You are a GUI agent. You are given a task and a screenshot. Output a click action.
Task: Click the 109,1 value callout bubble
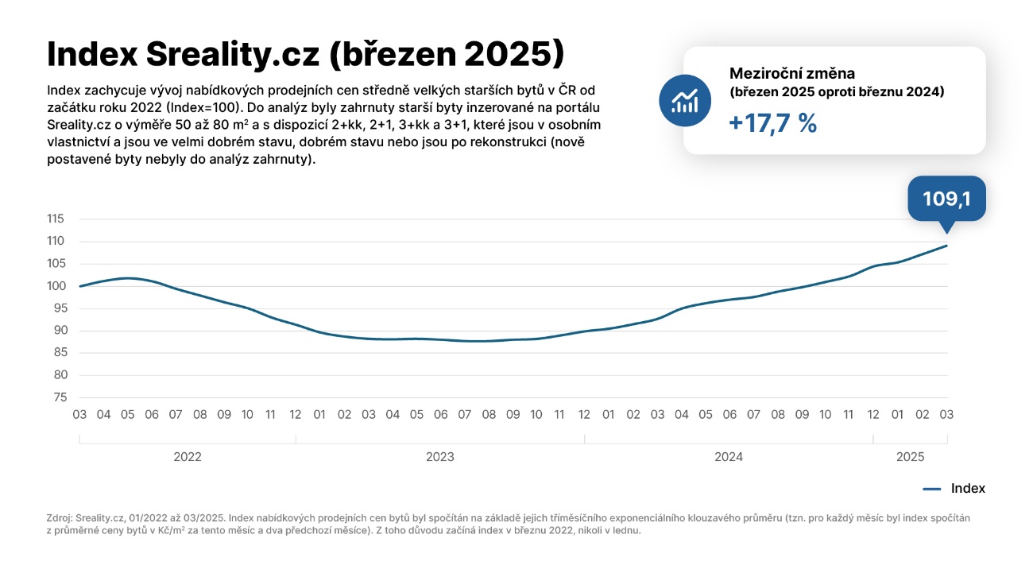(946, 199)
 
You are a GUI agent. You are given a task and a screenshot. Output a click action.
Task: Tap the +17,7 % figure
(773, 123)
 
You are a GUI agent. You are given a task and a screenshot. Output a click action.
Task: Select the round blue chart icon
(684, 101)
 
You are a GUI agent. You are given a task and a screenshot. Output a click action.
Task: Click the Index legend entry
(967, 488)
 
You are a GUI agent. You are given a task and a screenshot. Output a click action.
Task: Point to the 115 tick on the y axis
(56, 219)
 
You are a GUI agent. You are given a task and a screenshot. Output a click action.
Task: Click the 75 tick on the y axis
(60, 397)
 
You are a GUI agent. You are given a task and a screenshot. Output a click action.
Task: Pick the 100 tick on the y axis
(56, 286)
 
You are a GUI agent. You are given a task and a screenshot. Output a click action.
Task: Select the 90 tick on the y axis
(60, 331)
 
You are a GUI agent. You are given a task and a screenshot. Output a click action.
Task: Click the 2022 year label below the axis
(188, 457)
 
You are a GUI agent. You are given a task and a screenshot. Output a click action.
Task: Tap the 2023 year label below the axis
(440, 457)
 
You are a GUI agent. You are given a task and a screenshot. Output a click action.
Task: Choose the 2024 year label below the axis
(729, 457)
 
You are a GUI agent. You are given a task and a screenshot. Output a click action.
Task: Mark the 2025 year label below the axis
(910, 457)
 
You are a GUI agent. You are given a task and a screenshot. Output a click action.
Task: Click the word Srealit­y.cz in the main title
(232, 54)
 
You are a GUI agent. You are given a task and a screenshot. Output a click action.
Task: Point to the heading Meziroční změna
(792, 73)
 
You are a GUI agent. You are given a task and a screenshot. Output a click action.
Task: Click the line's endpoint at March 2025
(946, 246)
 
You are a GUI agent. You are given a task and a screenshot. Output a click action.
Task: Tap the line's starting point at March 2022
(80, 286)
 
